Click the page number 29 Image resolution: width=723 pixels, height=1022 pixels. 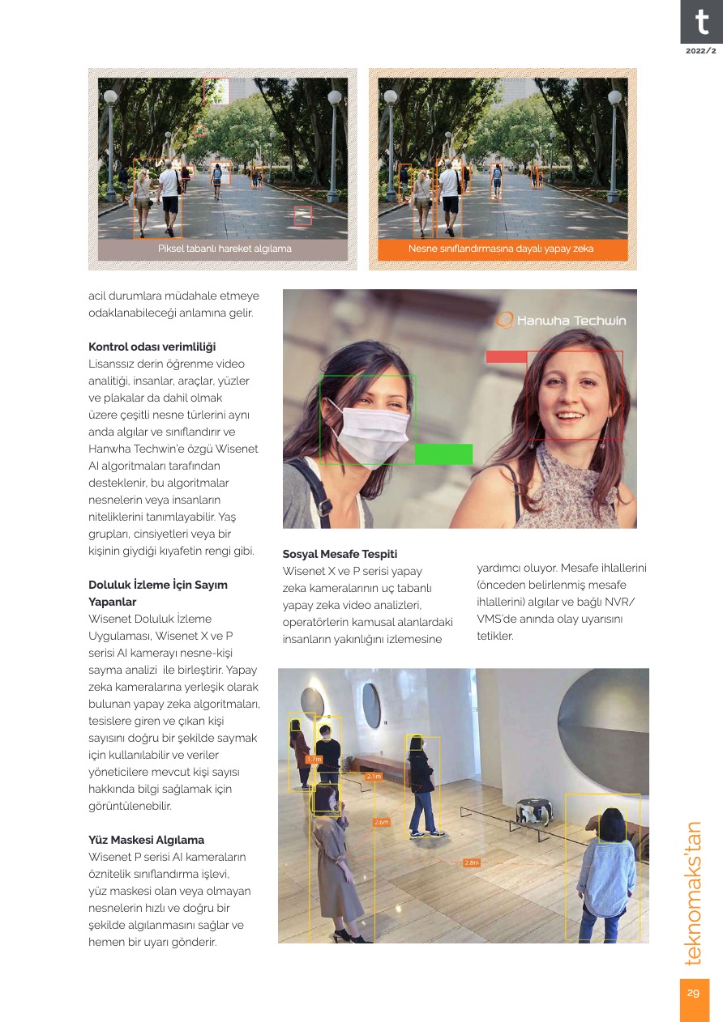694,993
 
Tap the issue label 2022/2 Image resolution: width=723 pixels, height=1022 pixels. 701,51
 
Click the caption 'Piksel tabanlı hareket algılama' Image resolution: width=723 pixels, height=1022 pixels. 225,249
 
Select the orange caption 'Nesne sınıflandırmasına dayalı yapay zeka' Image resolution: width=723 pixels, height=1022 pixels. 501,249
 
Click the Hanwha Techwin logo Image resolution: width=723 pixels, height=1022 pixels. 562,321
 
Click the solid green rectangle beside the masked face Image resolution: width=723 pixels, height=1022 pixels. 443,454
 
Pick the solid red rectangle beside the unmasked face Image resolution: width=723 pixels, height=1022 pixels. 507,356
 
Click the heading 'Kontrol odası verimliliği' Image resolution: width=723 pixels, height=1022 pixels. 152,347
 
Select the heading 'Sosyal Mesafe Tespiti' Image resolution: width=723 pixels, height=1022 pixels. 340,555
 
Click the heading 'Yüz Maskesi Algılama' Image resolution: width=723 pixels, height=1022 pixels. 146,840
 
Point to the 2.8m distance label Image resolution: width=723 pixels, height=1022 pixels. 473,862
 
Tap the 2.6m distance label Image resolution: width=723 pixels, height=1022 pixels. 382,822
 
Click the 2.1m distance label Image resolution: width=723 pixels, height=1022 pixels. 374,776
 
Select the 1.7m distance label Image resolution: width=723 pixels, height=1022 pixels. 314,759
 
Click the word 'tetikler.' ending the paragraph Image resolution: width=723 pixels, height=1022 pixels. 495,636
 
